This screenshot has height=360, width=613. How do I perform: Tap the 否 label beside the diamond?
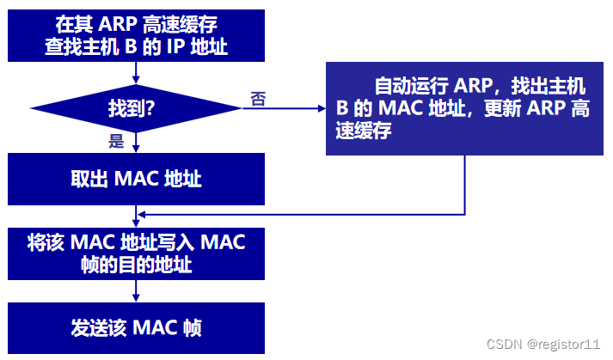click(257, 99)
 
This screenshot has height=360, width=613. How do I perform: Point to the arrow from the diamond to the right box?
click(284, 108)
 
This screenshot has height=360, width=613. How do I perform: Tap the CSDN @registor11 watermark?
click(543, 344)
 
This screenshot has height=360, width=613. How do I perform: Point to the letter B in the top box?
click(131, 46)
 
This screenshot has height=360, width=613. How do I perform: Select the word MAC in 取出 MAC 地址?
click(134, 179)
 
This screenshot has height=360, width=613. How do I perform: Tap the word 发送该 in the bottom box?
click(96, 326)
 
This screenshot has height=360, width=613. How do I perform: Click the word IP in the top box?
click(174, 46)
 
